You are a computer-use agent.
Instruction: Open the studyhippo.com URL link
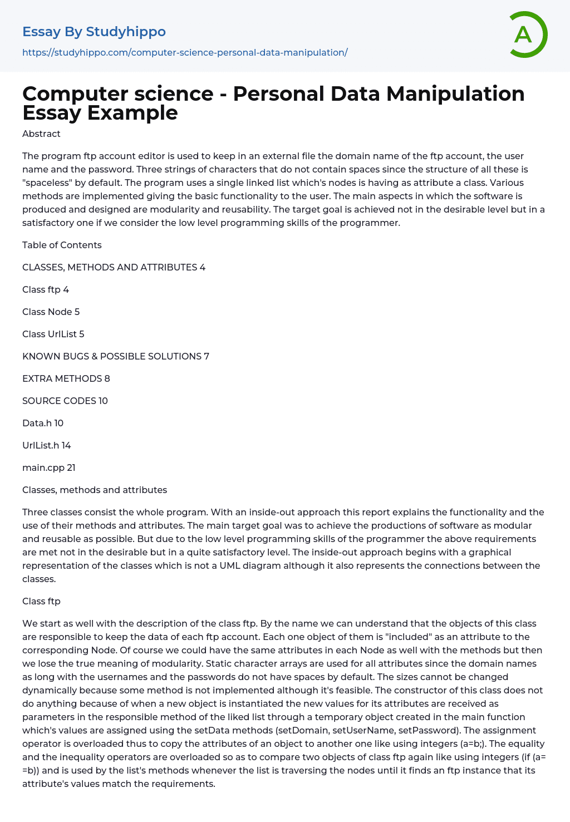click(185, 52)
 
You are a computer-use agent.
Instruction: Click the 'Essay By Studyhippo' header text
click(94, 32)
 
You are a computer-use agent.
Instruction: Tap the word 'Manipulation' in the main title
click(455, 93)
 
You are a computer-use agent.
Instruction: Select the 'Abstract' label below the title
click(41, 134)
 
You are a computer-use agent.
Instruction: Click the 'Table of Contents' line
click(62, 245)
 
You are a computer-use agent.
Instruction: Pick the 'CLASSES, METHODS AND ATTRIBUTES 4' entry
click(114, 267)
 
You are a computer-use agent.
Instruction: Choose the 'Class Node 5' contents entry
click(51, 312)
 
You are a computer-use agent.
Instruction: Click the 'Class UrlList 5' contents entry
click(53, 334)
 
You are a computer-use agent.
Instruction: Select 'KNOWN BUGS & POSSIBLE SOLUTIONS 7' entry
click(116, 356)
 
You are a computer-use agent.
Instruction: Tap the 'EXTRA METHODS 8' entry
click(66, 378)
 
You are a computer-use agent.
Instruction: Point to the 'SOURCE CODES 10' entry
click(65, 401)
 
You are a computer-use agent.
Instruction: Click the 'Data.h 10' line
click(43, 423)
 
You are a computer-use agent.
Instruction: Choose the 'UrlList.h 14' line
click(46, 445)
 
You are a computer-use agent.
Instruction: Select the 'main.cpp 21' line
click(48, 467)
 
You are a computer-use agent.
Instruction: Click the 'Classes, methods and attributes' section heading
click(95, 490)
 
